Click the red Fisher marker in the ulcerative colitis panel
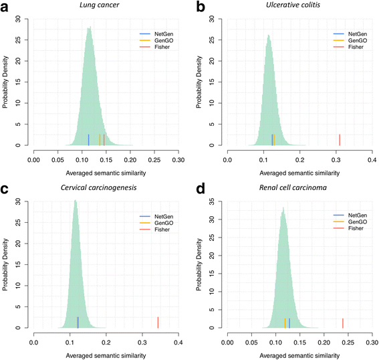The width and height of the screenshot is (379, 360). [x=340, y=139]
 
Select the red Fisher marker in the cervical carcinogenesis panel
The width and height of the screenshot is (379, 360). [x=158, y=322]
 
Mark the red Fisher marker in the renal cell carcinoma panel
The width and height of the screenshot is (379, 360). [x=342, y=323]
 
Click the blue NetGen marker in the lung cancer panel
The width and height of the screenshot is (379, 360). [x=88, y=139]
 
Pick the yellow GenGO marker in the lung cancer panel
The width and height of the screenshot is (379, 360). [x=100, y=139]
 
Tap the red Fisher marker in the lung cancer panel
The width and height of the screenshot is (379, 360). [x=104, y=139]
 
